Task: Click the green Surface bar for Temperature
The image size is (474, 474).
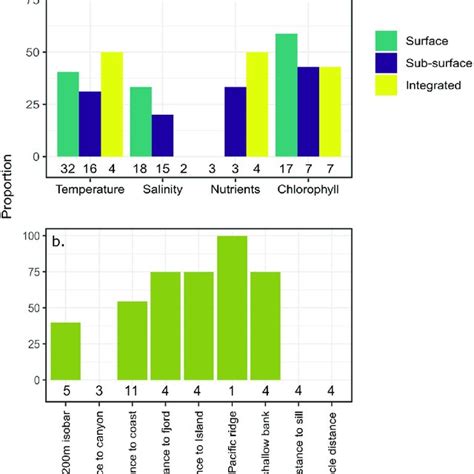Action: [x=68, y=114]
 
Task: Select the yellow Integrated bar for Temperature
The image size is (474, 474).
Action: [x=111, y=104]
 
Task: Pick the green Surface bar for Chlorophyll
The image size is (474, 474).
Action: [x=286, y=95]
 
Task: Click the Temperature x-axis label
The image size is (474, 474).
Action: [x=89, y=187]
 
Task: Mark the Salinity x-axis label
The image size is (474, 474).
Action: [x=163, y=187]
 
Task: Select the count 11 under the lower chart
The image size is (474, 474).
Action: [x=131, y=391]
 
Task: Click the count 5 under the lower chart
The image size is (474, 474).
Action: [x=65, y=391]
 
